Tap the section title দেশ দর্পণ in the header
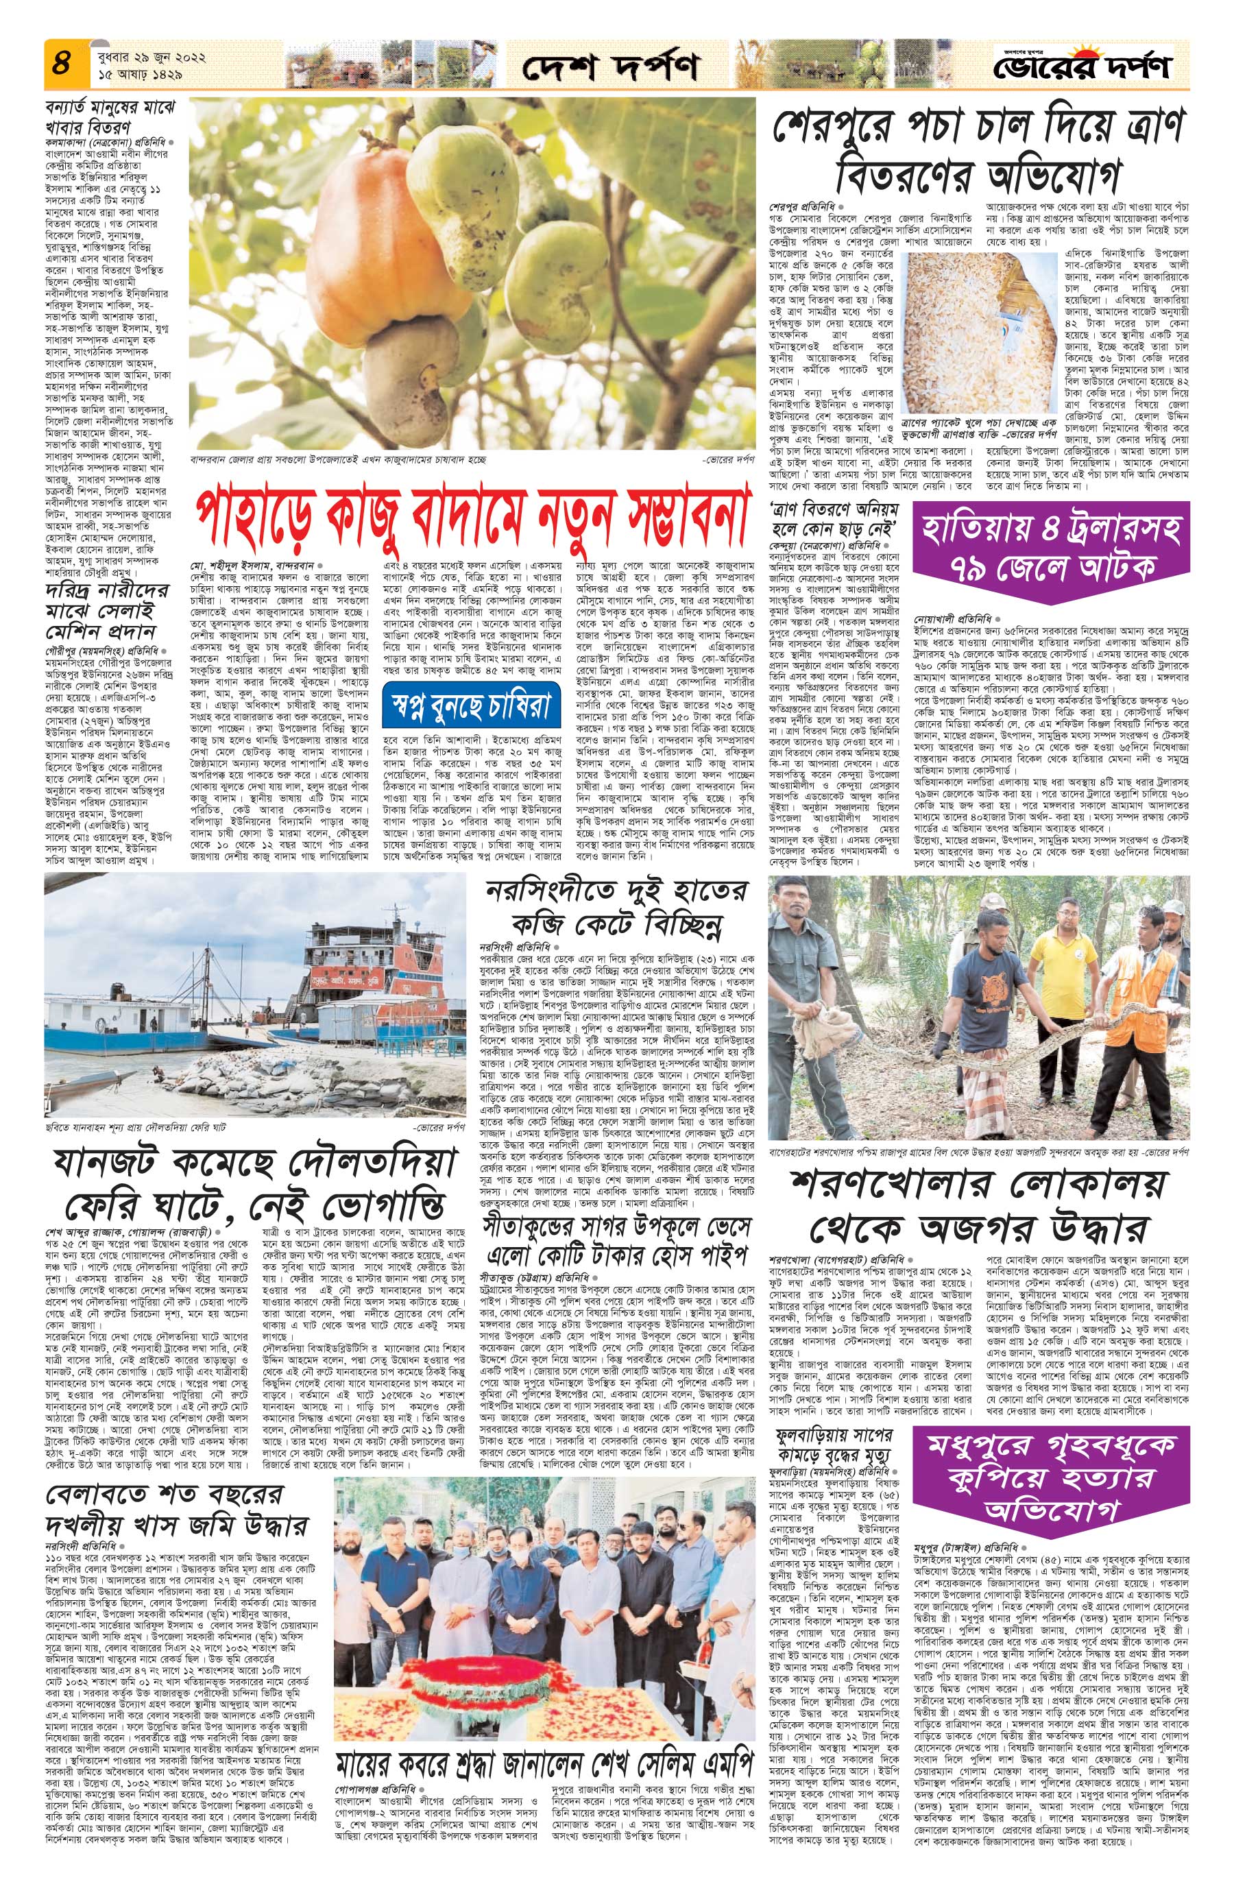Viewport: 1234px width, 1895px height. pos(611,69)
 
